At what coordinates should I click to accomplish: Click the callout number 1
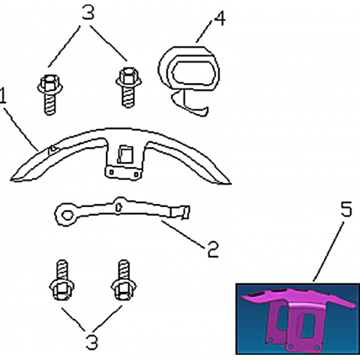coord(2,95)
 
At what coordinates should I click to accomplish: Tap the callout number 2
coord(213,249)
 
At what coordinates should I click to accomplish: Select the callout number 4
coord(220,18)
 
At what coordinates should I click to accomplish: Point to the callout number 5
coord(346,209)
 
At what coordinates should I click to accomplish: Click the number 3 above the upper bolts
coord(88,13)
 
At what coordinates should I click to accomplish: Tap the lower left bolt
coord(61,280)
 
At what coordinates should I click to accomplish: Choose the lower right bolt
coord(124,280)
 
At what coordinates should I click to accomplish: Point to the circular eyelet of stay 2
coord(67,214)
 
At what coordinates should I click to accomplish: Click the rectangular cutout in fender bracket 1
coord(125,154)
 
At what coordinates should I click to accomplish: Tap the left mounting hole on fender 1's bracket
coord(112,172)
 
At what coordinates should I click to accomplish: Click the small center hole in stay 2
coord(118,207)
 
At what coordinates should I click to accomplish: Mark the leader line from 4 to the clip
coord(205,31)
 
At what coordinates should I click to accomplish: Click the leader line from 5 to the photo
coord(329,250)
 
